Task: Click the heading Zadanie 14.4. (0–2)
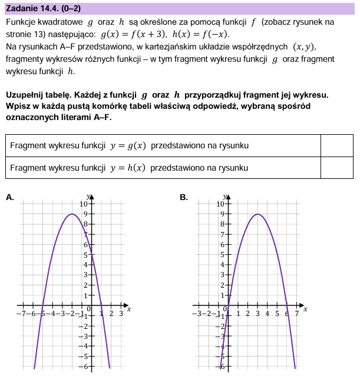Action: (42, 8)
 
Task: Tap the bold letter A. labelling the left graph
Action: (9, 198)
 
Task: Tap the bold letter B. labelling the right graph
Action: (183, 198)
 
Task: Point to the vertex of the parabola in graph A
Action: (72, 214)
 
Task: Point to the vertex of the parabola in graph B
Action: (257, 214)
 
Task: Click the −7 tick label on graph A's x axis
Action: (21, 314)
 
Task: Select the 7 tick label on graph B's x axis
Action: (297, 314)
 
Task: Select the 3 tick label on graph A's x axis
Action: (121, 314)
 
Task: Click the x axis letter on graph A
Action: (128, 310)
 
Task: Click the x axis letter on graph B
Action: (305, 310)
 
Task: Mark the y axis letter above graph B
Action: (224, 196)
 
